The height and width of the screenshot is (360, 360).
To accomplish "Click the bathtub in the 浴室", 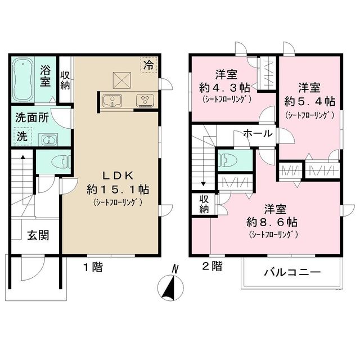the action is click(23, 79).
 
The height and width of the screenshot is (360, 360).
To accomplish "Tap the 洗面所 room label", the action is click(32, 118).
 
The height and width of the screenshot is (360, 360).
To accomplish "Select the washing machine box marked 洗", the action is click(22, 136).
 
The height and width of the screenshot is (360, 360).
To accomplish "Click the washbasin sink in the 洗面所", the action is click(48, 139).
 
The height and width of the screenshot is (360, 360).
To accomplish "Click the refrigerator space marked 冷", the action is click(148, 65).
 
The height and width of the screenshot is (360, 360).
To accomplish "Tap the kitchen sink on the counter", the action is click(112, 101).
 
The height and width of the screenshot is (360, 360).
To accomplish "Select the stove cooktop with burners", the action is click(145, 101).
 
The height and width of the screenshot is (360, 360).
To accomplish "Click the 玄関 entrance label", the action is click(38, 235).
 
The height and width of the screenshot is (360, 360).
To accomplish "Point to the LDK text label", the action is click(118, 176).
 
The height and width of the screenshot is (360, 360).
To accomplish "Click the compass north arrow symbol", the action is click(170, 286).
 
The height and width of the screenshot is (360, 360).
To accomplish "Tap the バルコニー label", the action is click(292, 272).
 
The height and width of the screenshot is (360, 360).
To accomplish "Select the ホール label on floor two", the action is click(258, 133).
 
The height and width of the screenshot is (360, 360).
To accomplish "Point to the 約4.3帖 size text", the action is click(225, 88).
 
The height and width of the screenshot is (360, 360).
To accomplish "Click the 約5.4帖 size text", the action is click(309, 101).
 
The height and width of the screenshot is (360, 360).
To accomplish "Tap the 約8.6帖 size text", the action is click(272, 222).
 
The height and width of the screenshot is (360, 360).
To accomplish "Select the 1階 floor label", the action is click(93, 267).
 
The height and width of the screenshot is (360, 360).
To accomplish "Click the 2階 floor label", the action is click(213, 267).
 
